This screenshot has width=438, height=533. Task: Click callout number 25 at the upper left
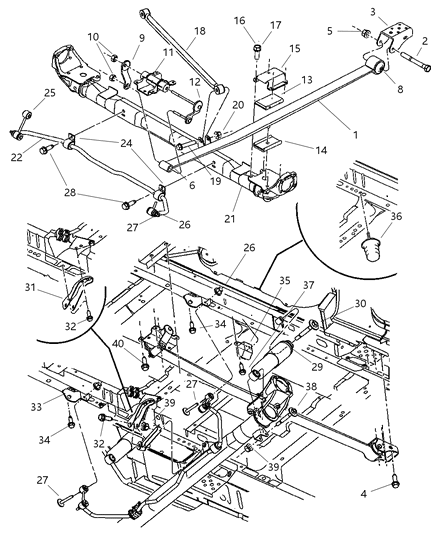point(19,97)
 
